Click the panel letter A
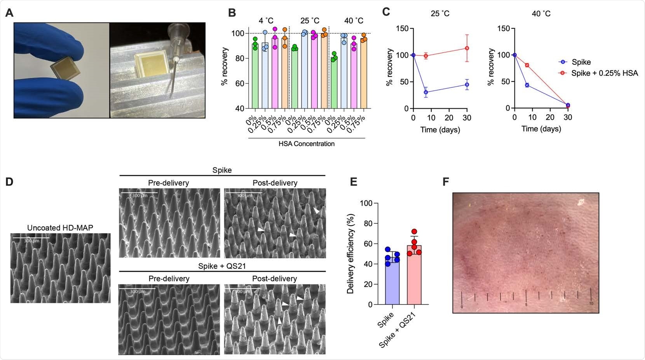coord(9,13)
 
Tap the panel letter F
coord(446,181)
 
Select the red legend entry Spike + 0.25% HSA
coord(604,73)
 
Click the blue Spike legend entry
coord(581,62)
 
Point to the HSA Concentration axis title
coord(306,144)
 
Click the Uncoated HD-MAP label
coord(60,228)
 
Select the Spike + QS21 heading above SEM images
coord(221,266)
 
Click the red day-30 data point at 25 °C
coord(467,48)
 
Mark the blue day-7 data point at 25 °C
coord(426,92)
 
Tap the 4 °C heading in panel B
coord(267,21)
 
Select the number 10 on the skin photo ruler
coord(591,303)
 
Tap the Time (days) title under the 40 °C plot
coord(541,129)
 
